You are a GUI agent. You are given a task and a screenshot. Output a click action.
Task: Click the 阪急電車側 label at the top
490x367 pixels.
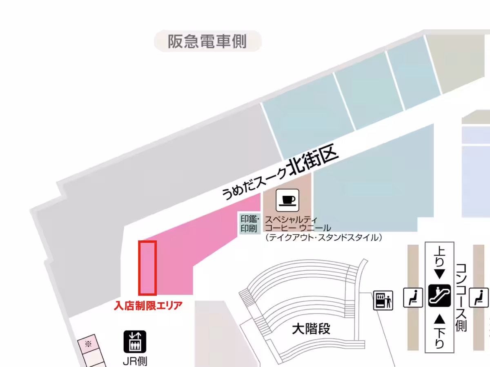point(207,41)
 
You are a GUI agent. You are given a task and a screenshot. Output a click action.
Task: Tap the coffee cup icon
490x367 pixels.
point(288,200)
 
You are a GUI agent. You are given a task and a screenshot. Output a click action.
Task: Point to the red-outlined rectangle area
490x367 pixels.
point(147,268)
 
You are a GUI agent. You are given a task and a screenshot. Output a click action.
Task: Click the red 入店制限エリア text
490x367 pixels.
point(148,305)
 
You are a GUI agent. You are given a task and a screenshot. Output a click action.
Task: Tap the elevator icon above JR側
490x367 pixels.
point(135,342)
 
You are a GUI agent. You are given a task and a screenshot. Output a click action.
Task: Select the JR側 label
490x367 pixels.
point(135,361)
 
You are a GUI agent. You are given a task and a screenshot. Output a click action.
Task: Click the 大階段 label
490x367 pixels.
point(311,329)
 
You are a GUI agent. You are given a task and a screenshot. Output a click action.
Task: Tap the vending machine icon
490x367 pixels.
point(383,301)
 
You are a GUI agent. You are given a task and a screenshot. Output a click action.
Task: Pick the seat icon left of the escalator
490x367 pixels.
point(413,297)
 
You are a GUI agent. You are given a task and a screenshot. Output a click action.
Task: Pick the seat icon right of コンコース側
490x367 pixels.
point(479,297)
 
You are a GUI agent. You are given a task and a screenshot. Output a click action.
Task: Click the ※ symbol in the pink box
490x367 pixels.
point(88,344)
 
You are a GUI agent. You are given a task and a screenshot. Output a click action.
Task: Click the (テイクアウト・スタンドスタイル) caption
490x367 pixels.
point(323,237)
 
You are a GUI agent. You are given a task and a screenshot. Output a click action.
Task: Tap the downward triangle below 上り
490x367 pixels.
point(439,272)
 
